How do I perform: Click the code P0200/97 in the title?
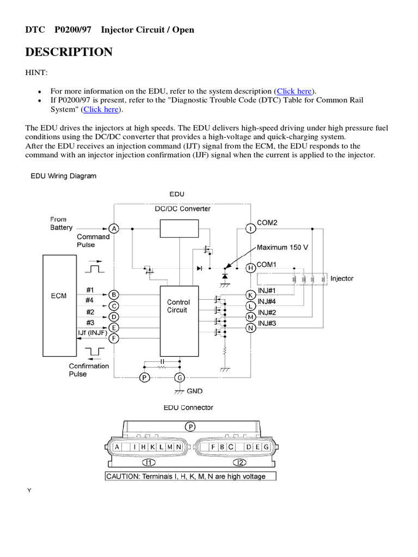coord(73,29)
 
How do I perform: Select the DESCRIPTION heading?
coord(69,52)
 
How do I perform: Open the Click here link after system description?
coord(294,91)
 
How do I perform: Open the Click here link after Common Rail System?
coord(101,109)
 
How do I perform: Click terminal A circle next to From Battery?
coord(114,228)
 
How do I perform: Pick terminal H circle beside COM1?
coord(250,268)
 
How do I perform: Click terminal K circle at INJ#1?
coord(250,295)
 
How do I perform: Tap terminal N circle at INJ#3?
coord(250,327)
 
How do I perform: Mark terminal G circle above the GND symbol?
coord(179,377)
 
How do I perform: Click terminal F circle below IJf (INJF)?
coord(114,338)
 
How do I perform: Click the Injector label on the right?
coord(342,278)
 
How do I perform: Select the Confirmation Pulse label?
coord(89,370)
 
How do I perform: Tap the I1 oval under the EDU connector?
coord(148,463)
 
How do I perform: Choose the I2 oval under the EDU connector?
coord(239,463)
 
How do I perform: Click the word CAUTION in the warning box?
coord(124,476)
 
